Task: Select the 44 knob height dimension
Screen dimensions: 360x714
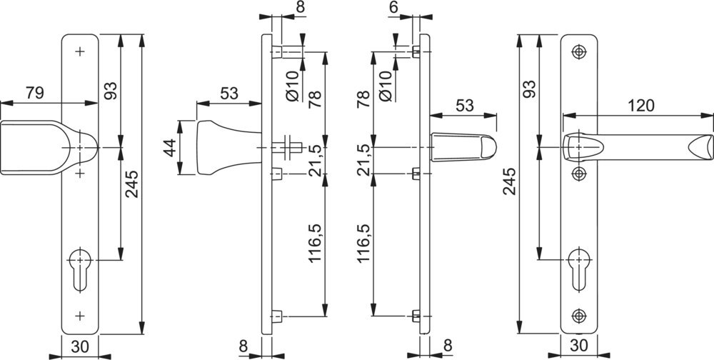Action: (169, 147)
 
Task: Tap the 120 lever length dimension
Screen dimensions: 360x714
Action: (640, 106)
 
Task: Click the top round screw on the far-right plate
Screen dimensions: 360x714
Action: (578, 51)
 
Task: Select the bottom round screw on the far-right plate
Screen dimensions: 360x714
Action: (578, 314)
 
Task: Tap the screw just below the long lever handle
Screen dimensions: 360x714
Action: (578, 174)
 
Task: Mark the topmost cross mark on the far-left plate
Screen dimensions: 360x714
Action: (79, 52)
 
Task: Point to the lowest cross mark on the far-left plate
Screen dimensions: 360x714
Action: (79, 314)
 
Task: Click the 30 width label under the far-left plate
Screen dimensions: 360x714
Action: (79, 347)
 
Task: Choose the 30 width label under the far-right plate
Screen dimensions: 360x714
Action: (578, 347)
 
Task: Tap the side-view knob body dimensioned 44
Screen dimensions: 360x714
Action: (214, 148)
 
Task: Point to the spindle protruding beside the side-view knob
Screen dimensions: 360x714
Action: (290, 148)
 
